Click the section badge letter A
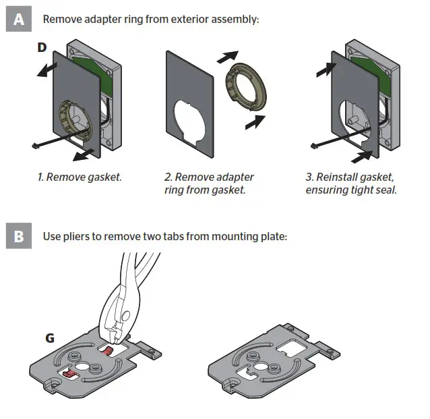point(18,20)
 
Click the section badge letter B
point(18,238)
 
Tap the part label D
point(42,49)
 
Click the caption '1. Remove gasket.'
point(80,177)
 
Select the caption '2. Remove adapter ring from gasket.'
point(209,184)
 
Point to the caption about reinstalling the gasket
point(350,184)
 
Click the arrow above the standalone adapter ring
point(227,56)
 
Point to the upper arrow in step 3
point(325,65)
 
